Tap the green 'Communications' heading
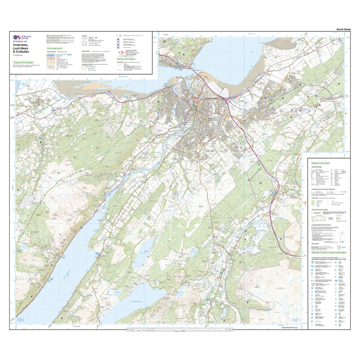[54, 49]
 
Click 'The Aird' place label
[69, 135]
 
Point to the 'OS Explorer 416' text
[21, 43]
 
